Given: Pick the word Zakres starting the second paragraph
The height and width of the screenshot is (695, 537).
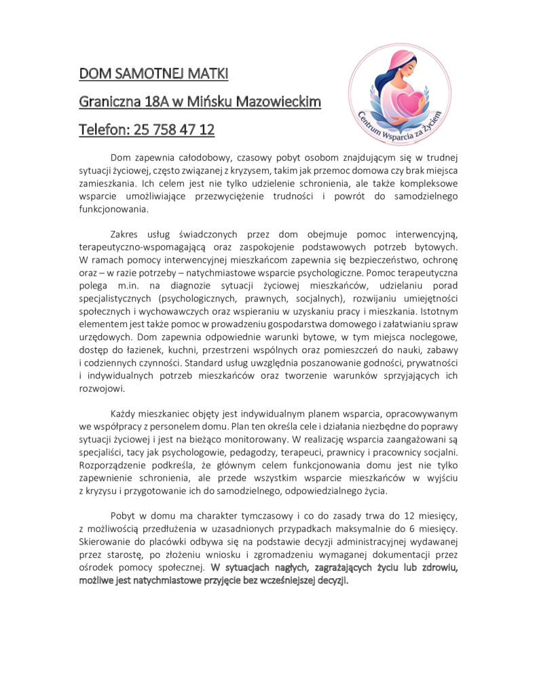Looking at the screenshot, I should tap(128, 234).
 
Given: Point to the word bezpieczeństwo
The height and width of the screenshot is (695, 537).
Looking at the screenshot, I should tap(365, 260).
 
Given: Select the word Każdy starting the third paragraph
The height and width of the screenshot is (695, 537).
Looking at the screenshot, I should tap(125, 413).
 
